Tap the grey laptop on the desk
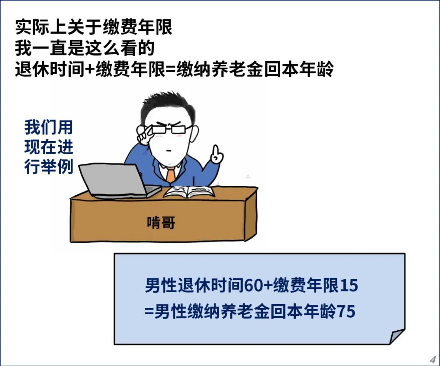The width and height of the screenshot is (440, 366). pyautogui.click(x=118, y=181)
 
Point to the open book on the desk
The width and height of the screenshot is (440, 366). pyautogui.click(x=189, y=192)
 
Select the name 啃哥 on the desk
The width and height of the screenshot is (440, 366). pyautogui.click(x=161, y=222)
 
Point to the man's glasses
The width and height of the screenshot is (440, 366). pyautogui.click(x=168, y=129)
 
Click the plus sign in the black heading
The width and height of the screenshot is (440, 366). pyautogui.click(x=90, y=69)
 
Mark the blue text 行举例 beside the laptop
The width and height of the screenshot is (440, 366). pyautogui.click(x=49, y=167)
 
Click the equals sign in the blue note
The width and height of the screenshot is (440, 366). pyautogui.click(x=149, y=312)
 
